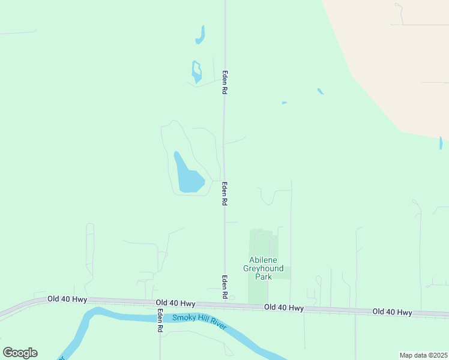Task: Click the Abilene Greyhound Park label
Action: point(264,268)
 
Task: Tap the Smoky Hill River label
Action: point(199,322)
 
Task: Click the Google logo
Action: point(20,353)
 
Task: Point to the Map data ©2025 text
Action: point(423,355)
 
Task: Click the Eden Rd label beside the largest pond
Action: point(224,194)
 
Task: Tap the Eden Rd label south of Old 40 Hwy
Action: point(160,322)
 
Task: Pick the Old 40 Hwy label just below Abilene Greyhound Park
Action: point(284,308)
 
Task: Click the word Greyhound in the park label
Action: point(264,268)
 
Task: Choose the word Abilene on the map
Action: point(264,260)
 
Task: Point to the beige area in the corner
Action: point(396,54)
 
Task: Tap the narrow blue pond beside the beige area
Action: point(441,143)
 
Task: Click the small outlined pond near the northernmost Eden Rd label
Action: point(196,71)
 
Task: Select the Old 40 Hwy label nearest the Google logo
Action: point(68,299)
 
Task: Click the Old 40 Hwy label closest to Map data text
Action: point(392,312)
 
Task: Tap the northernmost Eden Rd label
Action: point(224,81)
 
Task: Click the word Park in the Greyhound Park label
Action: point(264,277)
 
